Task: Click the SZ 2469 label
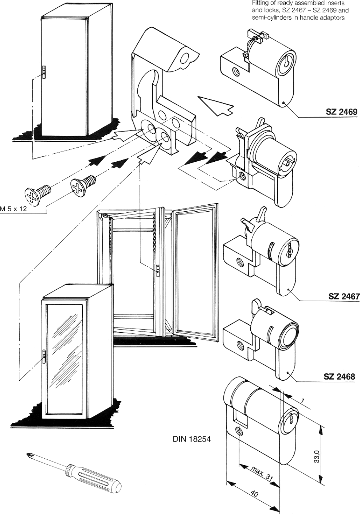341,112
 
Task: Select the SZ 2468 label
339,377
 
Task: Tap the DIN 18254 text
192,439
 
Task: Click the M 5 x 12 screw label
13,210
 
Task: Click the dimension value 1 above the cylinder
302,400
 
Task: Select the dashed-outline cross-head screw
35,193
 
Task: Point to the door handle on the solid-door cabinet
43,72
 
